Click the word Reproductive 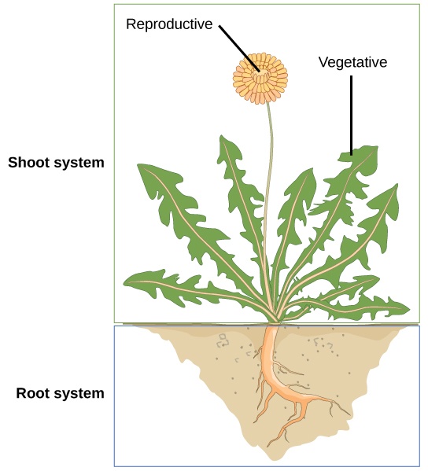(x=169, y=24)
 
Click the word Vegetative (x=352, y=62)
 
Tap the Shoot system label (x=56, y=163)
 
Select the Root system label (x=60, y=393)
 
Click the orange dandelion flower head (x=260, y=77)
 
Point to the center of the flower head (x=260, y=75)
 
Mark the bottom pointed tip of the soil (x=271, y=456)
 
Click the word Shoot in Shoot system (x=26, y=163)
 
